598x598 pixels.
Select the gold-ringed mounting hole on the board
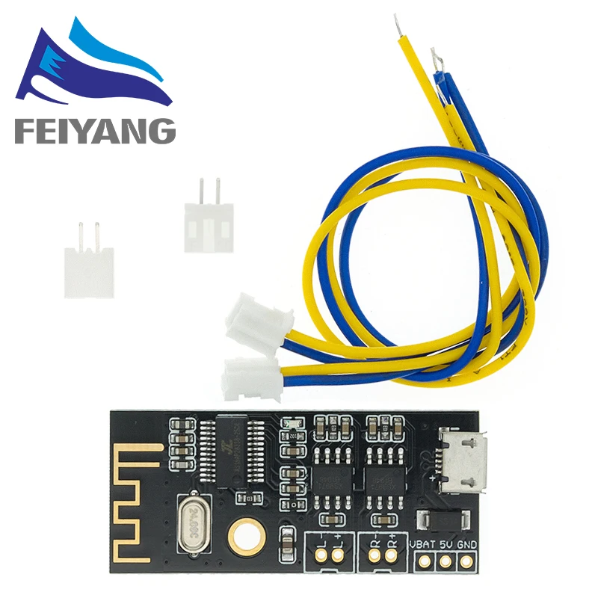(x=243, y=533)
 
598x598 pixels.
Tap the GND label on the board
(x=467, y=543)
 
